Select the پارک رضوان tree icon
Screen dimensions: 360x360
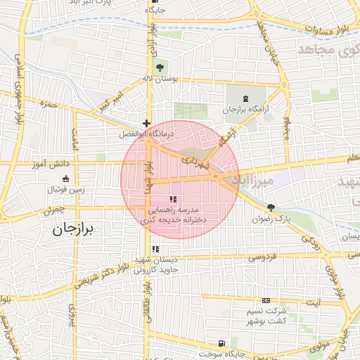[271, 207]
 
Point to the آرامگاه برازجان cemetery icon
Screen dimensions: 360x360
[245, 98]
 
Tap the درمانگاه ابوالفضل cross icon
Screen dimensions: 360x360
[146, 123]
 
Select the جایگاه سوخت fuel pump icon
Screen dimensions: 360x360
[222, 344]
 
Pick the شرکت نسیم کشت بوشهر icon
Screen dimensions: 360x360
[266, 300]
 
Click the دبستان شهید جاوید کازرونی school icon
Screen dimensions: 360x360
[155, 249]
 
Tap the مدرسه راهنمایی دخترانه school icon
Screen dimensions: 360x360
[173, 200]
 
